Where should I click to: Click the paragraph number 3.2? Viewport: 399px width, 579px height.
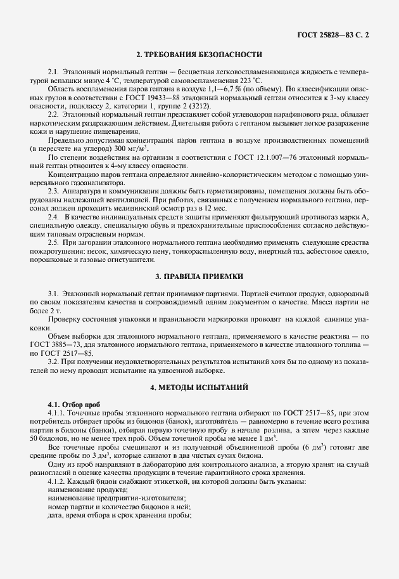click(x=54, y=361)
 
